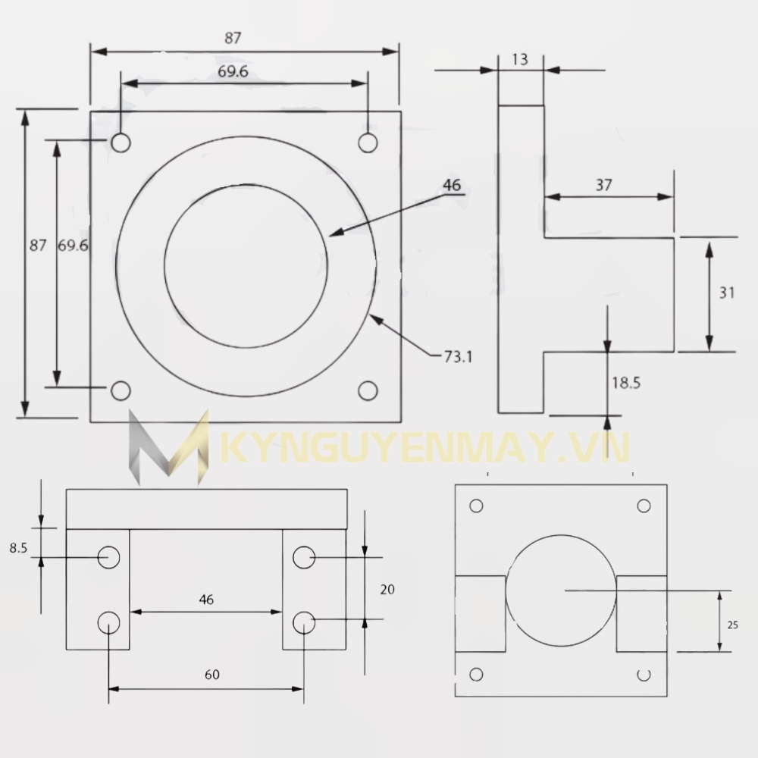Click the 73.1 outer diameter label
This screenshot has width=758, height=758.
457,355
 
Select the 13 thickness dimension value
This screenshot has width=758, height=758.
520,59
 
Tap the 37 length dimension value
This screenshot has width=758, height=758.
604,184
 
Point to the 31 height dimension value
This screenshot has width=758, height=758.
727,293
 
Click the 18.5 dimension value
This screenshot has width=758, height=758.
626,383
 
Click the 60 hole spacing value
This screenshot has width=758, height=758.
212,675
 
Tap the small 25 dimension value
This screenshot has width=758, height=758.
732,625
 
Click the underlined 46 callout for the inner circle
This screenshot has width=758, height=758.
452,185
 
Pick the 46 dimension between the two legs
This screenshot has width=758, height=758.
206,599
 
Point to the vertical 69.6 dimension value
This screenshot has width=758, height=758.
73,246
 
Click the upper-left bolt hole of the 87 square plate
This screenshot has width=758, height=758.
121,143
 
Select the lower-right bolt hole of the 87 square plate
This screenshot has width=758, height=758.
368,390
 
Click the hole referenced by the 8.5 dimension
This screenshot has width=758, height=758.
109,557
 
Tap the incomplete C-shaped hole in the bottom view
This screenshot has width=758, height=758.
644,674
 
